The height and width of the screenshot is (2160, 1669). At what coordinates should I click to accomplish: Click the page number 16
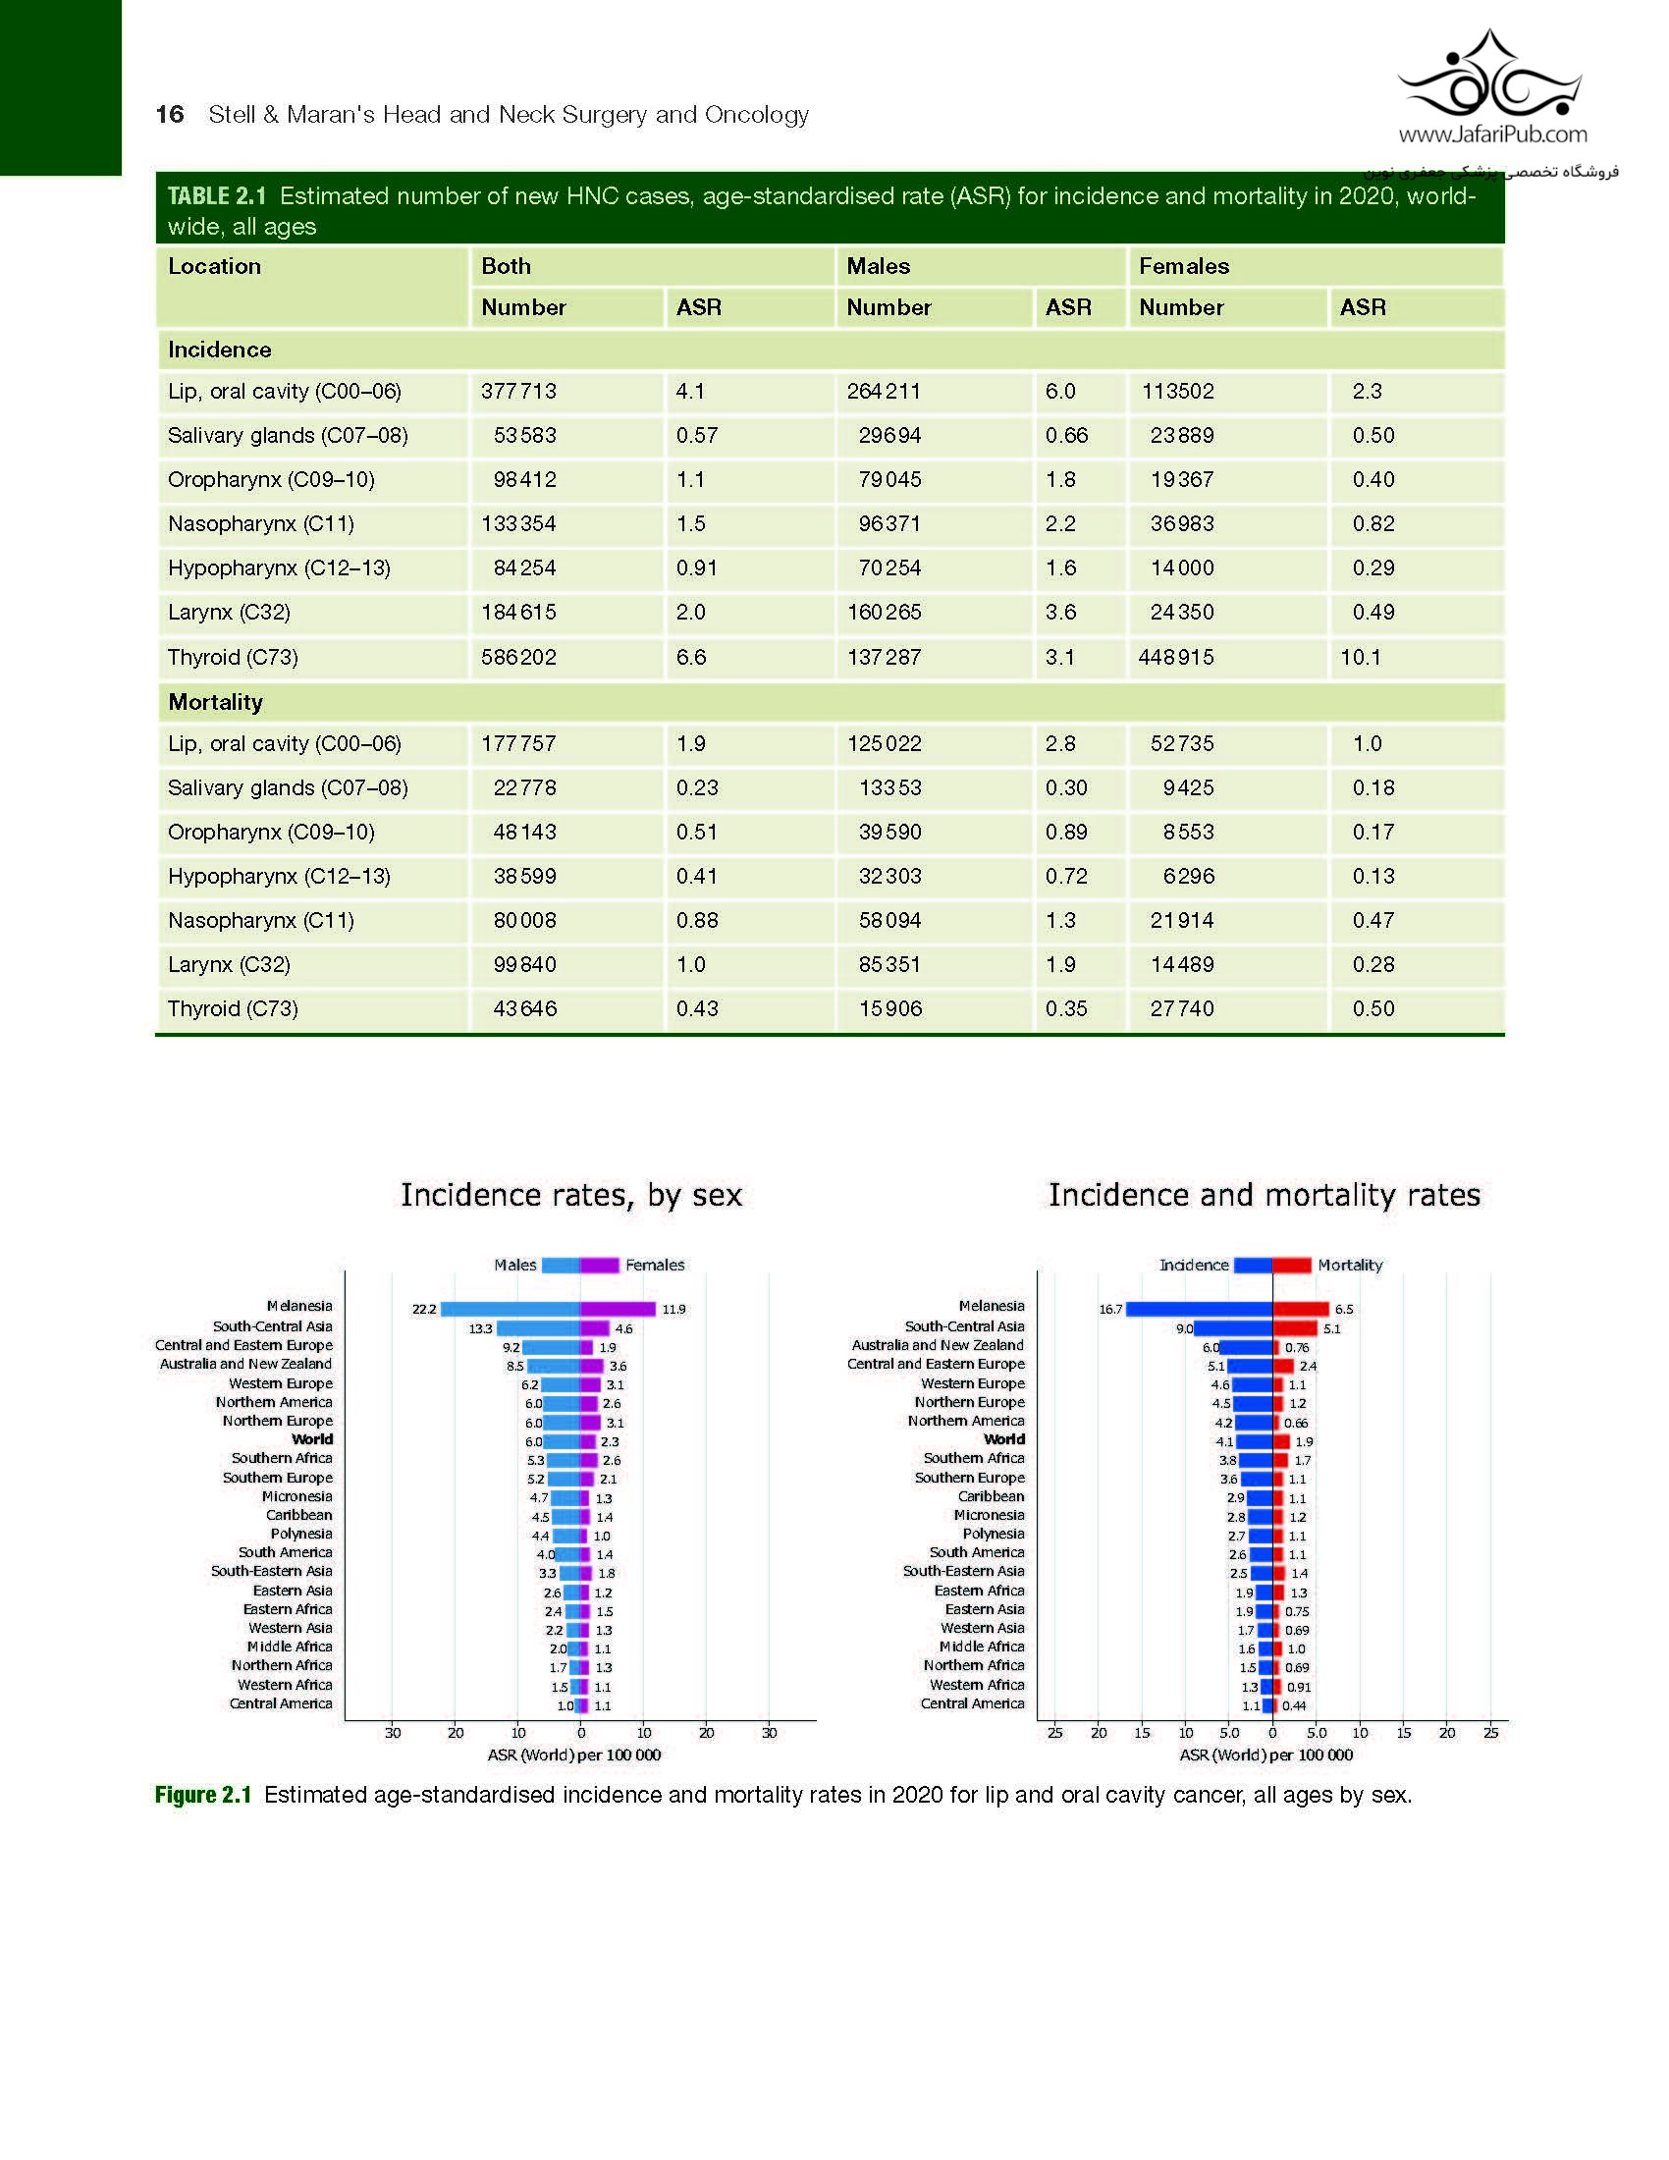tap(170, 115)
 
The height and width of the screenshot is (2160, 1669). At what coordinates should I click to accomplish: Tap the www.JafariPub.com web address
tap(1492, 135)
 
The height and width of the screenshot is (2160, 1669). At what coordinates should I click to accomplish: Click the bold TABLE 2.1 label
tap(217, 196)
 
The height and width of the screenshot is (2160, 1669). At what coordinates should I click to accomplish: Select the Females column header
tap(1184, 266)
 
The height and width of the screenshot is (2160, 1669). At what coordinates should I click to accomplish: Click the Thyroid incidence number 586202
tap(518, 657)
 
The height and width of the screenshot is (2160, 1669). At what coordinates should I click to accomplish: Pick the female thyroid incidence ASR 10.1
tap(1361, 657)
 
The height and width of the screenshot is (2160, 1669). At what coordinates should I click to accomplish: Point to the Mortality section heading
tap(216, 702)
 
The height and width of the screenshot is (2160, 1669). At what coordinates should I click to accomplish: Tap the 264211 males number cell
tap(883, 391)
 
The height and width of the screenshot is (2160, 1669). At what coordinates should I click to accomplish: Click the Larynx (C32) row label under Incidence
tap(230, 613)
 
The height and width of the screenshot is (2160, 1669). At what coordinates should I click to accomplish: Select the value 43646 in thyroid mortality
tap(525, 1008)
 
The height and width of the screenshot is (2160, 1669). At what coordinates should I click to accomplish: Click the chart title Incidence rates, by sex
tap(570, 1195)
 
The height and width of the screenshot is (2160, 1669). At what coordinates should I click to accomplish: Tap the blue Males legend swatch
tap(561, 1265)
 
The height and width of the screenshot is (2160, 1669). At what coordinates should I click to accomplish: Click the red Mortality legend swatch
tap(1291, 1265)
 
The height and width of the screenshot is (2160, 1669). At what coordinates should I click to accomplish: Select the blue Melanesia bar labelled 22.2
tap(511, 1309)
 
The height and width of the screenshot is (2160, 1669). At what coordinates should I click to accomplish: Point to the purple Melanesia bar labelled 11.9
tap(618, 1309)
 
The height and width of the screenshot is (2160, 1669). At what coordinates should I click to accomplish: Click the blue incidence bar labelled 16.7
tap(1199, 1309)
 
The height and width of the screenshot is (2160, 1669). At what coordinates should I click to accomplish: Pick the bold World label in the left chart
tap(312, 1439)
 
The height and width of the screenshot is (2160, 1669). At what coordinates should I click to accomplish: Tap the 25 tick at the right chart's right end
tap(1491, 1733)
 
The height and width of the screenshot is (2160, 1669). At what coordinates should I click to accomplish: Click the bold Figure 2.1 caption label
tap(202, 1795)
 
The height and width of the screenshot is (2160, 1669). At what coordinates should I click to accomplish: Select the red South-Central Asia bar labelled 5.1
tap(1295, 1328)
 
